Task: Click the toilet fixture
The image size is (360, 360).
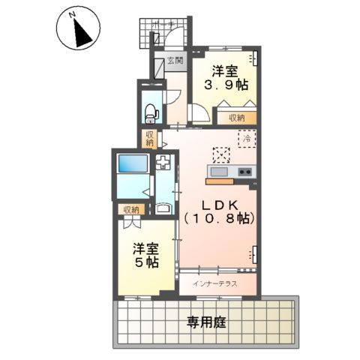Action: point(150,110)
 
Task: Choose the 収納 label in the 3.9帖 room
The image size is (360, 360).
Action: point(237,118)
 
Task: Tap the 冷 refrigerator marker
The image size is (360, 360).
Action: point(247,138)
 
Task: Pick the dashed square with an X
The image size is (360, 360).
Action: point(221,154)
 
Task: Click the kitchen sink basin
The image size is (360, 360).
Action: point(218,171)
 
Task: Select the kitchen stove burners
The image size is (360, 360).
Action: point(245,172)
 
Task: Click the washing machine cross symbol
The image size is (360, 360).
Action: point(164,163)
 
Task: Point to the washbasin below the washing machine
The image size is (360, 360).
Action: point(164,208)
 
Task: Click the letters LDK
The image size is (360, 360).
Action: point(220,204)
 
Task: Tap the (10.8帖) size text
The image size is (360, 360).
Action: point(220,219)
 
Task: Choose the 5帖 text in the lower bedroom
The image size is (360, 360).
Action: point(147,263)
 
